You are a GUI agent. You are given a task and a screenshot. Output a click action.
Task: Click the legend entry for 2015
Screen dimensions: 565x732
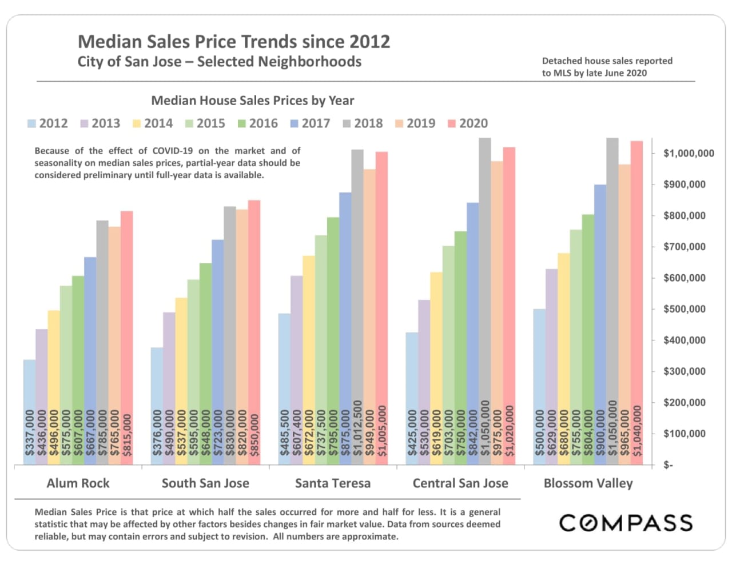pos(205,123)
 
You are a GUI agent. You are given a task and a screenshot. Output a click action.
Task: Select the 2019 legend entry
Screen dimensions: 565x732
pos(415,123)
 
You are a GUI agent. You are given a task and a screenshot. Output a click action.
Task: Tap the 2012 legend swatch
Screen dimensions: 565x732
pos(32,124)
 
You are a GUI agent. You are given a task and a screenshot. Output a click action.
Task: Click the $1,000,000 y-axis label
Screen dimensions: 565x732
pos(688,153)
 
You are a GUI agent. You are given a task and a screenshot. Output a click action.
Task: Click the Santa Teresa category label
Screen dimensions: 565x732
pos(332,483)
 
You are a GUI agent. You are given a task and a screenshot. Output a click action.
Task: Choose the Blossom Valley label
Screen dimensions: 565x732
pos(588,483)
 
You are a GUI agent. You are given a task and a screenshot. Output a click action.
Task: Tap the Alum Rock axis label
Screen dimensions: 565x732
pos(78,483)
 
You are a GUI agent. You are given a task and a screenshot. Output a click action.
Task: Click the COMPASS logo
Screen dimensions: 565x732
pos(626,523)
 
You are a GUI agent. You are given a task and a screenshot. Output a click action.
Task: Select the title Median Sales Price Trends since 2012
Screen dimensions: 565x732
pos(233,42)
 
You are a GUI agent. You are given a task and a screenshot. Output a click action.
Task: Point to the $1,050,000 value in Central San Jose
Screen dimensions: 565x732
pos(486,428)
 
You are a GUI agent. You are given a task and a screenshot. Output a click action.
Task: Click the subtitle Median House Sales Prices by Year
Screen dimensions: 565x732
pos(252,101)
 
